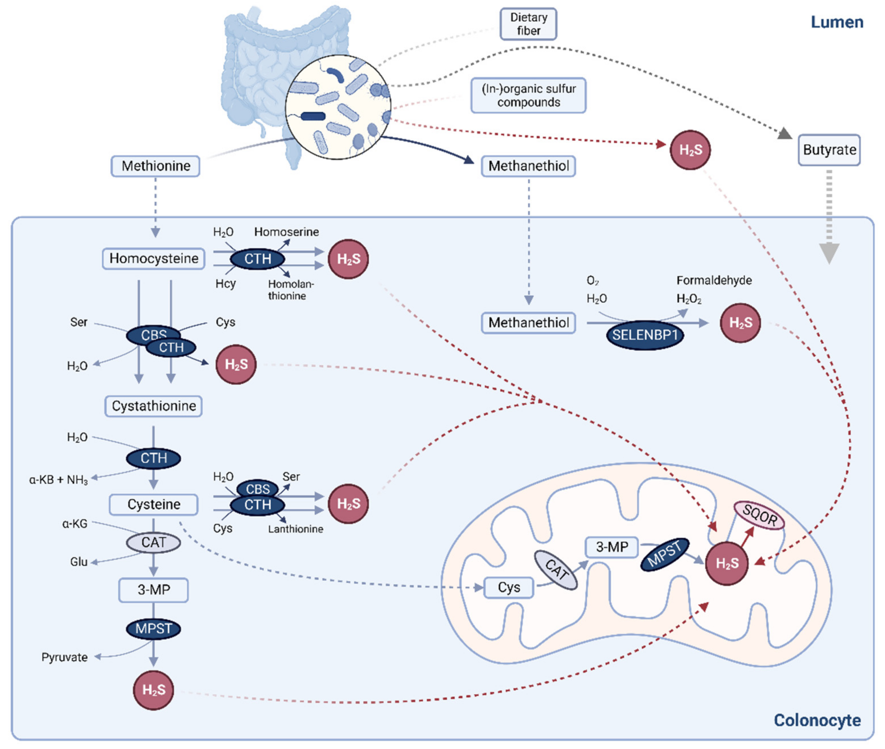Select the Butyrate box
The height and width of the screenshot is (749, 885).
coord(829,150)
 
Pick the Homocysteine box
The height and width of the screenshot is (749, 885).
coord(153,259)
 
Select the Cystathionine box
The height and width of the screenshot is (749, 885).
coord(153,406)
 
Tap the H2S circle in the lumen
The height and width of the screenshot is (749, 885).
coord(690,150)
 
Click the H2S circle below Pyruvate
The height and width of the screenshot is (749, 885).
coord(153,690)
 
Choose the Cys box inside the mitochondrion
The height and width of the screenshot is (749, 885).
coord(509,588)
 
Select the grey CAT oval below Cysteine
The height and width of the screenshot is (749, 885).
coord(153,543)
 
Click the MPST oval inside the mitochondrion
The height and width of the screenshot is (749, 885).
coord(664,555)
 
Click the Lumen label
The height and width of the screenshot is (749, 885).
coord(837,22)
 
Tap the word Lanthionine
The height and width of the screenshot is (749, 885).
coord(295,529)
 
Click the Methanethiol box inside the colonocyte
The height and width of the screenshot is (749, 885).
coord(528,323)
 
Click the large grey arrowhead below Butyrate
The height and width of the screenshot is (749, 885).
coord(829,253)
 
